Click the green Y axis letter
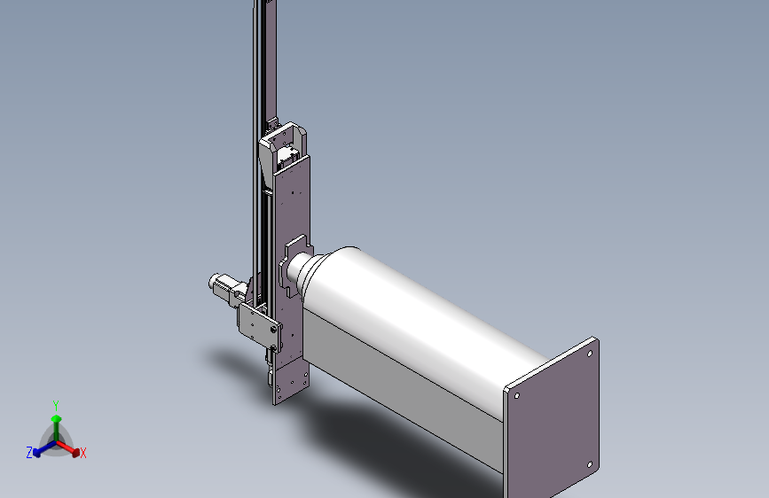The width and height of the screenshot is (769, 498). [56, 406]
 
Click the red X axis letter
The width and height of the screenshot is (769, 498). [82, 454]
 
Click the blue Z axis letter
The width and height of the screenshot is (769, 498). [29, 453]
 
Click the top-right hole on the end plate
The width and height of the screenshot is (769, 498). [590, 354]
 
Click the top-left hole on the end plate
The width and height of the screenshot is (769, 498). [517, 395]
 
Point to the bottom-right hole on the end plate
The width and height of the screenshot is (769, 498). [590, 464]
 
